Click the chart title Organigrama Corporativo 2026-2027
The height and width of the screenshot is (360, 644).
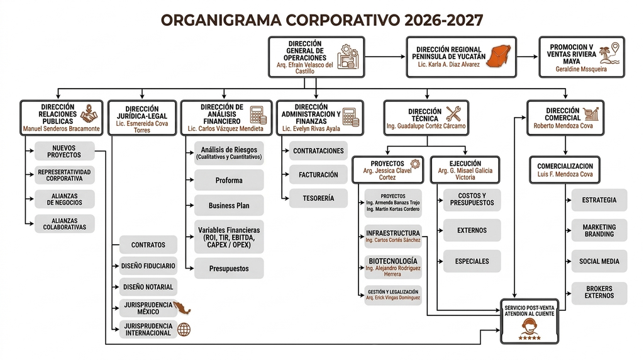321,20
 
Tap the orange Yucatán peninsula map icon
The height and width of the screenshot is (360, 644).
499,56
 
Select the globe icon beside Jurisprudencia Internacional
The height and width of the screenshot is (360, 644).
184,329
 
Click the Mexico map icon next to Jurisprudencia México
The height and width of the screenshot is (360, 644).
182,307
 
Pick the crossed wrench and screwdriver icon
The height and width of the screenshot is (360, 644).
453,114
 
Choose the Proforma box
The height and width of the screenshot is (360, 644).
229,180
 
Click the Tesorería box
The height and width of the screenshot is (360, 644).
318,198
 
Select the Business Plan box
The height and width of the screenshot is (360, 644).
229,205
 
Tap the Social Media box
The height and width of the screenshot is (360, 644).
599,261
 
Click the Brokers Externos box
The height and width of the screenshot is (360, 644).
599,293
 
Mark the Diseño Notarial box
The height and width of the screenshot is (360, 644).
148,287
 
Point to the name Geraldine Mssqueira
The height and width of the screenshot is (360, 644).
581,69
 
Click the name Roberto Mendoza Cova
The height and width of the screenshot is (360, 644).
563,126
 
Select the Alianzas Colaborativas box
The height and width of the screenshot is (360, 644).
65,223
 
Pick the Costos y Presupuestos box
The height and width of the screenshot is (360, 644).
472,200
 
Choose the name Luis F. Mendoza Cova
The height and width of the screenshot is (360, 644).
565,174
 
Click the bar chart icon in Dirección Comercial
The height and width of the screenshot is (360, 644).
591,113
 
